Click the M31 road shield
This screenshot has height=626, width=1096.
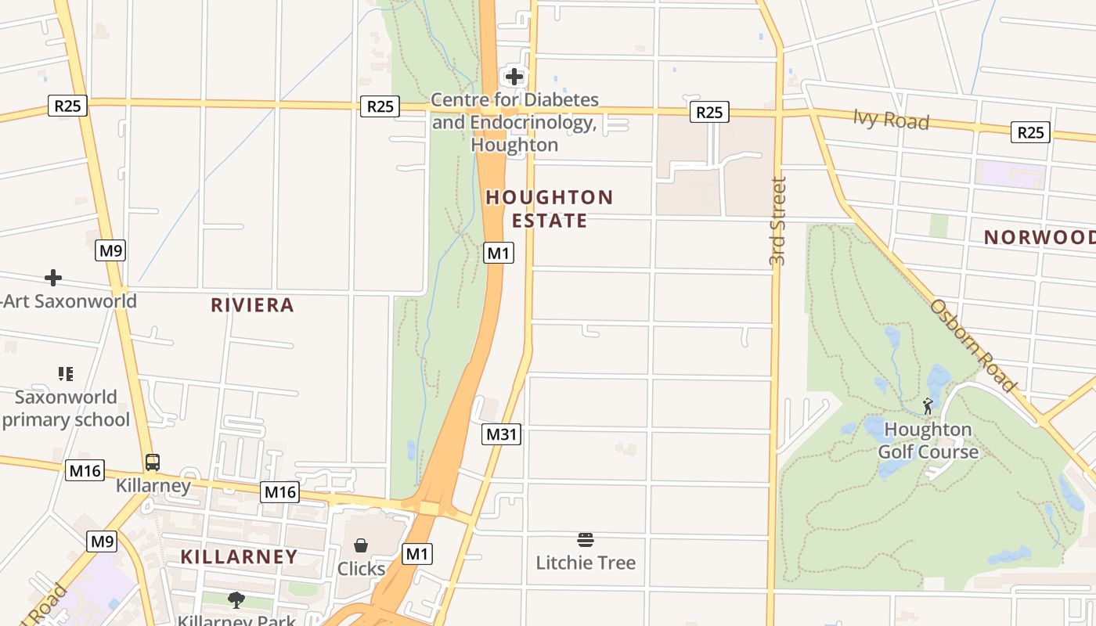500,434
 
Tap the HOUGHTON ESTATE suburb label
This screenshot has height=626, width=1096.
550,209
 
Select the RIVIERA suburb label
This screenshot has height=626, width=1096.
252,305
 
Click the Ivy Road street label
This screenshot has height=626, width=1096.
891,120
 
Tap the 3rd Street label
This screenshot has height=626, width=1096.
777,221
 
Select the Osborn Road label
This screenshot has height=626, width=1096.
973,344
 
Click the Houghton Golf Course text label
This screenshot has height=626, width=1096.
928,441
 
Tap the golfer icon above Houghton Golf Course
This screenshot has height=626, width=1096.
928,406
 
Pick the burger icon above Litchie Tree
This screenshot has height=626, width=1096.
586,539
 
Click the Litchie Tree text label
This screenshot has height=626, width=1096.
586,563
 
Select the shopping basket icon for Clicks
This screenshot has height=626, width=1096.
361,545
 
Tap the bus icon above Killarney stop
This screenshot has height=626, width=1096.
153,462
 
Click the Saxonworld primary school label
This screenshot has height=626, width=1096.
65,408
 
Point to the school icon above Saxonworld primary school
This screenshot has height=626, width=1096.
66,374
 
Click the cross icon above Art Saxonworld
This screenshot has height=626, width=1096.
53,278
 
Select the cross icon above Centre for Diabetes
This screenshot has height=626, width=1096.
514,77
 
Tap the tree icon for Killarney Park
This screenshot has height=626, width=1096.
236,600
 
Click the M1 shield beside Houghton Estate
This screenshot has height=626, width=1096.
499,253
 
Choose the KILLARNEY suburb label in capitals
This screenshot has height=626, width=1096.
239,557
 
